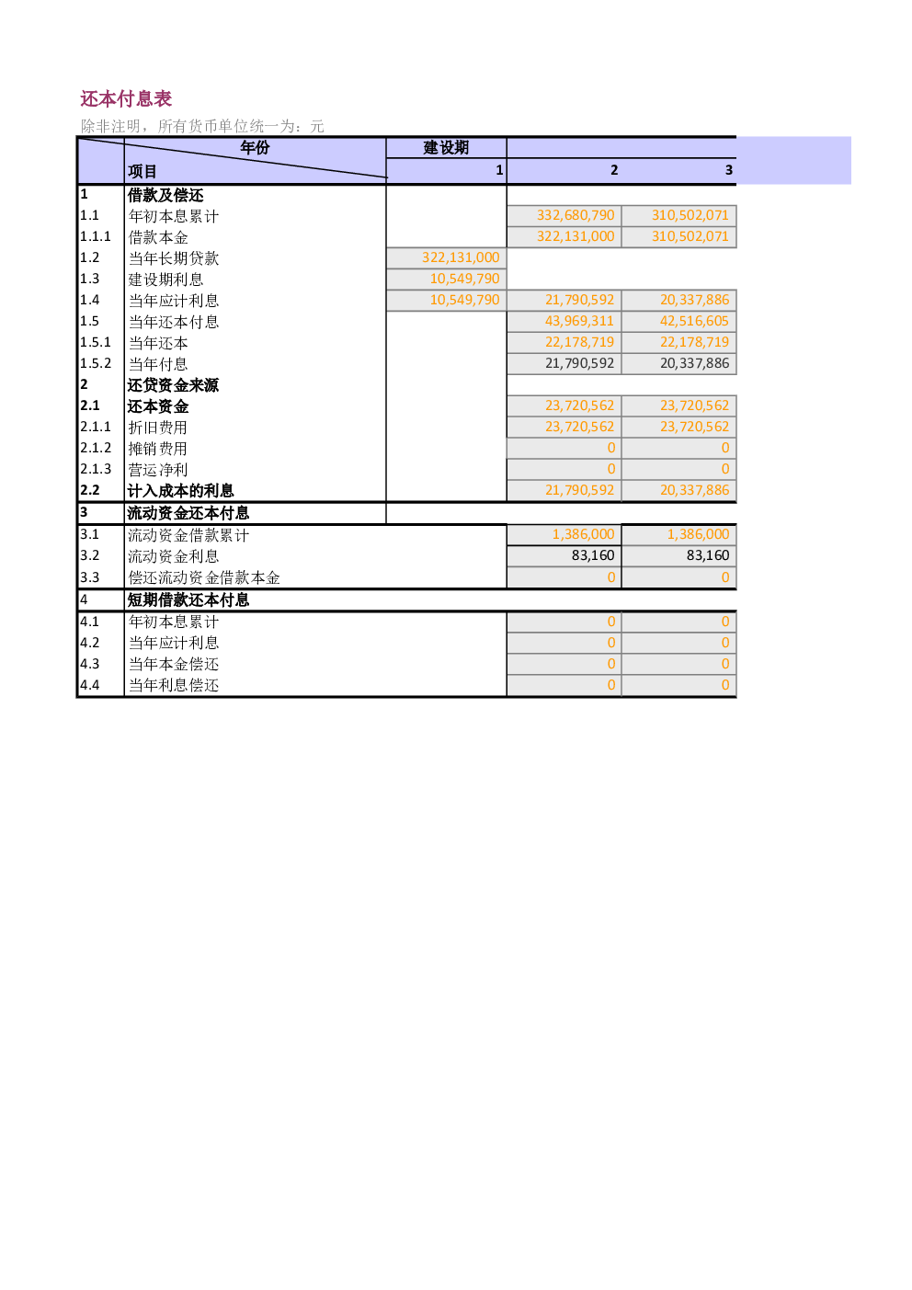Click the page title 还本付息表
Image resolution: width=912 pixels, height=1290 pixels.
pyautogui.click(x=126, y=99)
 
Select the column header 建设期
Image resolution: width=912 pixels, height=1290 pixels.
pyautogui.click(x=446, y=147)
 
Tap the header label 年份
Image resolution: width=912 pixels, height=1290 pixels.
pyautogui.click(x=255, y=147)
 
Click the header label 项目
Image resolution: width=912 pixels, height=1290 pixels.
pyautogui.click(x=142, y=171)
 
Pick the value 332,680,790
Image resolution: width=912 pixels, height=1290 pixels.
pyautogui.click(x=576, y=215)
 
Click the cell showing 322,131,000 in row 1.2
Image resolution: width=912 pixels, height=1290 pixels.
pyautogui.click(x=461, y=257)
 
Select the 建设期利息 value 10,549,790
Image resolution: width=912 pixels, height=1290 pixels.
pyautogui.click(x=464, y=279)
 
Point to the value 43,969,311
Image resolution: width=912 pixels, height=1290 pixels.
pyautogui.click(x=580, y=321)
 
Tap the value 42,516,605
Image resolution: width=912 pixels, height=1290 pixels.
pyautogui.click(x=694, y=321)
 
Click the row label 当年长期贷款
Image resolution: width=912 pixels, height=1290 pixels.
pyautogui.click(x=174, y=258)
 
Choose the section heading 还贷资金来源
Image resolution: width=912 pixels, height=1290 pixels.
pyautogui.click(x=173, y=384)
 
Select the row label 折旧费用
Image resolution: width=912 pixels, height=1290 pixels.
pyautogui.click(x=158, y=428)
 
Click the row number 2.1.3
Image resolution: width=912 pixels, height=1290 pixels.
pyautogui.click(x=96, y=469)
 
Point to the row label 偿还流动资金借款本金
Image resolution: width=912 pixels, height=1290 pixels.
pyautogui.click(x=204, y=577)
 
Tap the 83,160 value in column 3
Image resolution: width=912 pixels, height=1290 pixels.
pyautogui.click(x=708, y=555)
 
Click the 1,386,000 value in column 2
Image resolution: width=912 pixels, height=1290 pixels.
pyautogui.click(x=583, y=534)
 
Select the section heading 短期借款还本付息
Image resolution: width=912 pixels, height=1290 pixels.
pyautogui.click(x=188, y=600)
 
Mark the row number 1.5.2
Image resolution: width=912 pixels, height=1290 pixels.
pyautogui.click(x=96, y=363)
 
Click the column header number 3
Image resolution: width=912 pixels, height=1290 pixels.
pyautogui.click(x=729, y=170)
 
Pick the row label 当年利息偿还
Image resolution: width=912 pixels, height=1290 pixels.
pyautogui.click(x=174, y=685)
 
